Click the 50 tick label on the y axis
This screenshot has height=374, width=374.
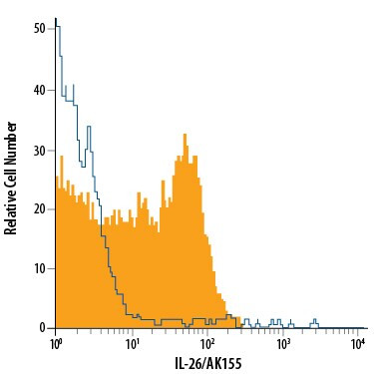[x=40, y=29]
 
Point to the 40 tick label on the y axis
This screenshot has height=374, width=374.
[x=40, y=89]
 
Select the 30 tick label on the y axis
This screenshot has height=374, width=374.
[x=40, y=149]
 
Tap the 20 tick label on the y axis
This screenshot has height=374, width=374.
[x=40, y=208]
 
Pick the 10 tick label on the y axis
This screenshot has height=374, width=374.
[x=40, y=268]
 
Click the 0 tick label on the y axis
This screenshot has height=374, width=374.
[x=43, y=327]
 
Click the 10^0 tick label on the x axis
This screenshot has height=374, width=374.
[x=56, y=344]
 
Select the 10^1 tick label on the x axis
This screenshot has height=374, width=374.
[x=133, y=344]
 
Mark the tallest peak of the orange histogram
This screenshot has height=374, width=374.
[x=186, y=134]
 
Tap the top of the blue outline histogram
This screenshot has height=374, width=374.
[x=56, y=19]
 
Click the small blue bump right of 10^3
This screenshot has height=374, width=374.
[x=315, y=321]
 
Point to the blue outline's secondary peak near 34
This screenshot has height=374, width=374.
[x=88, y=127]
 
